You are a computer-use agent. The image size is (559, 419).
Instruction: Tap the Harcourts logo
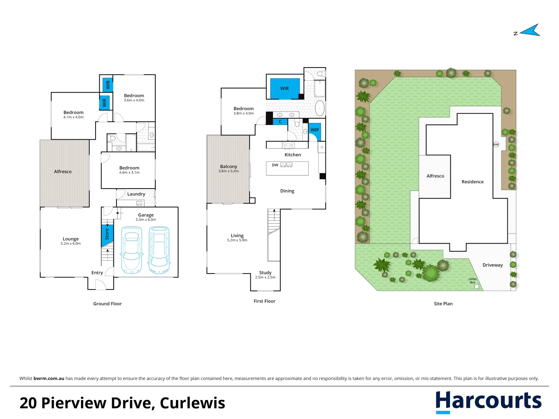(x=488, y=401)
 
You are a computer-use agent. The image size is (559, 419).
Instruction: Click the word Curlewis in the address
(x=193, y=403)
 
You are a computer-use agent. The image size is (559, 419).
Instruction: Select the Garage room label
(x=146, y=215)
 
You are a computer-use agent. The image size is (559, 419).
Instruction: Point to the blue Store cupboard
(x=107, y=234)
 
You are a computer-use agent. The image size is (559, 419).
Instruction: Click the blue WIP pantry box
(x=315, y=130)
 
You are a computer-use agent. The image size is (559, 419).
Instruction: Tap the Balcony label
(x=229, y=166)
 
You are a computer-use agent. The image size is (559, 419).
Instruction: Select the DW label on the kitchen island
(x=275, y=165)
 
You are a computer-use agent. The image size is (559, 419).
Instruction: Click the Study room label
(x=266, y=273)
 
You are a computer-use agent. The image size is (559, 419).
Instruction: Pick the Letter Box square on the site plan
(x=477, y=287)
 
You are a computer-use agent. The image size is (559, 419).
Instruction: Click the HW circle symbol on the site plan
(x=496, y=145)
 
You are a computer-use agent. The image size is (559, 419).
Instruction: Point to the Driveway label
(x=493, y=265)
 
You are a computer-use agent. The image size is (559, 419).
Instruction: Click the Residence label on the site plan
(x=472, y=182)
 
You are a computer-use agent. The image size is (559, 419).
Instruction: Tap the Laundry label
(x=136, y=194)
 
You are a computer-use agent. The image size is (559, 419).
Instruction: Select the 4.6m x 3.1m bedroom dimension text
(x=129, y=173)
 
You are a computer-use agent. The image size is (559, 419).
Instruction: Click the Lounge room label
(x=71, y=239)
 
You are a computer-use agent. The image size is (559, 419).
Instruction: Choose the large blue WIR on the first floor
(x=285, y=88)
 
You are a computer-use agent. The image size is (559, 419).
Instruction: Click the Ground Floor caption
(x=108, y=304)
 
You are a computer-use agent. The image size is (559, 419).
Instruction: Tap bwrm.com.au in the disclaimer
(x=49, y=379)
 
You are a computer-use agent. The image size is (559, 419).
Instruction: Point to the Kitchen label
(x=293, y=155)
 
